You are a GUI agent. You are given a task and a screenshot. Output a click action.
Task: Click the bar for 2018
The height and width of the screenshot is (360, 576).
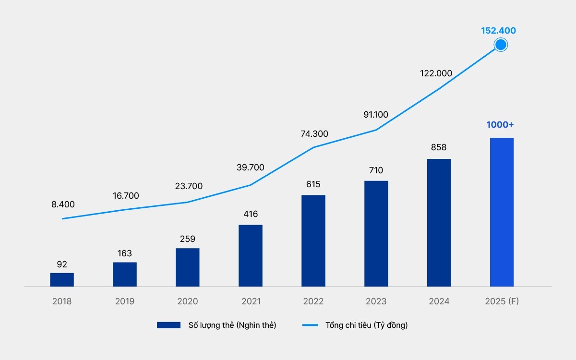[62, 280]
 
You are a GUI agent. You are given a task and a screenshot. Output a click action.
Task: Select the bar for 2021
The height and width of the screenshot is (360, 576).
[251, 256]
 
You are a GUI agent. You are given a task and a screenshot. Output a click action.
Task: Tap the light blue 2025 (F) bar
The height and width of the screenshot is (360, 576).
[502, 212]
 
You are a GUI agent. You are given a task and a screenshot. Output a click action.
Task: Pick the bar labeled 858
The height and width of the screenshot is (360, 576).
[439, 223]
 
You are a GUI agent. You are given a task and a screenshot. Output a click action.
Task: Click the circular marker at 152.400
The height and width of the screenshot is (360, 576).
[501, 45]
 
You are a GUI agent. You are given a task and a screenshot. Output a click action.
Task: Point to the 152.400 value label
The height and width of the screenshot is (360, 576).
[498, 31]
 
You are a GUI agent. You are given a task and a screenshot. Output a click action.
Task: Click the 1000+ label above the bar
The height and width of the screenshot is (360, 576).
[500, 125]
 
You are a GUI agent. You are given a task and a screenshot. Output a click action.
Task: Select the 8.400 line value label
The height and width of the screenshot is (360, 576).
[63, 204]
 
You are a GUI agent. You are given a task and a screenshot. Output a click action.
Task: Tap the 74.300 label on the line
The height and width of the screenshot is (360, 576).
[314, 134]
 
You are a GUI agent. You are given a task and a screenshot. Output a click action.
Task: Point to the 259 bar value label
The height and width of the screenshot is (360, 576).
[187, 239]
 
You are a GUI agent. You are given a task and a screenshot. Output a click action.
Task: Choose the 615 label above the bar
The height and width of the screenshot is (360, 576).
[313, 184]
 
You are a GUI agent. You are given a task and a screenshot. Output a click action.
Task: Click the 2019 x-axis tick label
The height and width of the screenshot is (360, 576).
[125, 301]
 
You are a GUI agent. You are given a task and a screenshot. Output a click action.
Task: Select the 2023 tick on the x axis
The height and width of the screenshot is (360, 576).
[376, 301]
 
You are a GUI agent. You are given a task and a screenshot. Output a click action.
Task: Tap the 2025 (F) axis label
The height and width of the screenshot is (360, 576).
[502, 301]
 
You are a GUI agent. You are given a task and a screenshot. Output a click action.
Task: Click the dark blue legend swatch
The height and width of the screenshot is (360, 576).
[168, 325]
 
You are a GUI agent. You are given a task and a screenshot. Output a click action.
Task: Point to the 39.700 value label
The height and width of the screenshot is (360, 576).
[251, 168]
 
